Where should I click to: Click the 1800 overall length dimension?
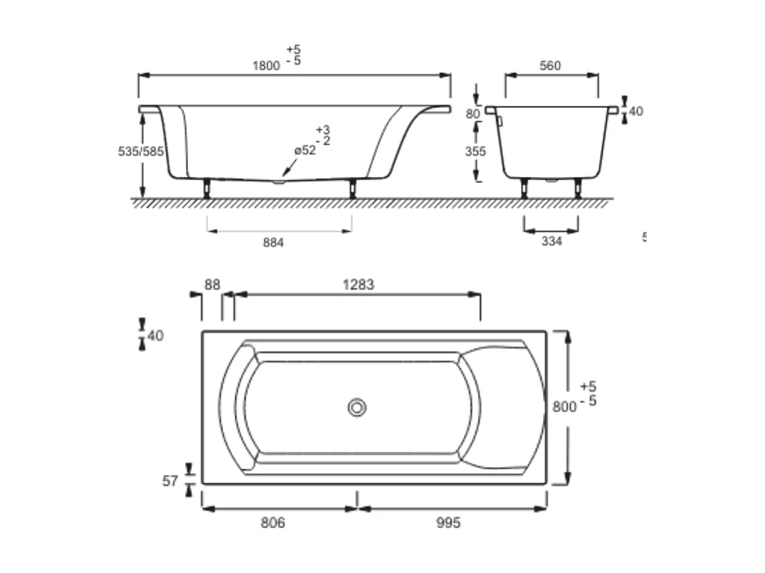pyautogui.click(x=266, y=66)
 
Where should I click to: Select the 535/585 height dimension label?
pyautogui.click(x=141, y=152)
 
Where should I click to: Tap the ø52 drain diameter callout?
pyautogui.click(x=306, y=150)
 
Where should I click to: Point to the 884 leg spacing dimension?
pyautogui.click(x=273, y=243)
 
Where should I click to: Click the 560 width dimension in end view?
pyautogui.click(x=550, y=66)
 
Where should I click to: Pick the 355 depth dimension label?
pyautogui.click(x=475, y=152)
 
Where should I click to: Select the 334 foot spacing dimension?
pyautogui.click(x=552, y=242)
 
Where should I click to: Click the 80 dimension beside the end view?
pyautogui.click(x=473, y=114)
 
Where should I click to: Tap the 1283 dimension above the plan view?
pyautogui.click(x=359, y=285)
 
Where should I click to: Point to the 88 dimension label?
pyautogui.click(x=212, y=285)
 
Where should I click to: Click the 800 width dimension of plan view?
pyautogui.click(x=564, y=407)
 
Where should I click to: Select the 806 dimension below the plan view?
pyautogui.click(x=273, y=523)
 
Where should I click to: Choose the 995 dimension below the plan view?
pyautogui.click(x=448, y=523)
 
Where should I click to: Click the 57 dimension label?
pyautogui.click(x=170, y=481)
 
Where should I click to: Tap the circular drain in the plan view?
pyautogui.click(x=356, y=408)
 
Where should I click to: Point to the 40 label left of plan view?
pyautogui.click(x=155, y=336)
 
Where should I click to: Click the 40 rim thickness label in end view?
pyautogui.click(x=636, y=111)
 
